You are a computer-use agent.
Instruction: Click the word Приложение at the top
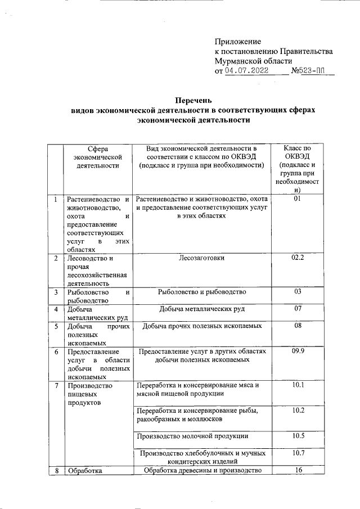click(x=238, y=42)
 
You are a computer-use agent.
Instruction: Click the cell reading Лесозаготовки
click(x=201, y=259)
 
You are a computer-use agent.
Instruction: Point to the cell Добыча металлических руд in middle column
click(x=201, y=309)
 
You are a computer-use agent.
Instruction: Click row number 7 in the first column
click(x=55, y=386)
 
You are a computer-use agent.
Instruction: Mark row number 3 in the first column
click(x=55, y=292)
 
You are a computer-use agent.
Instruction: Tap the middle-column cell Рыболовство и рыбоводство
click(x=201, y=292)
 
